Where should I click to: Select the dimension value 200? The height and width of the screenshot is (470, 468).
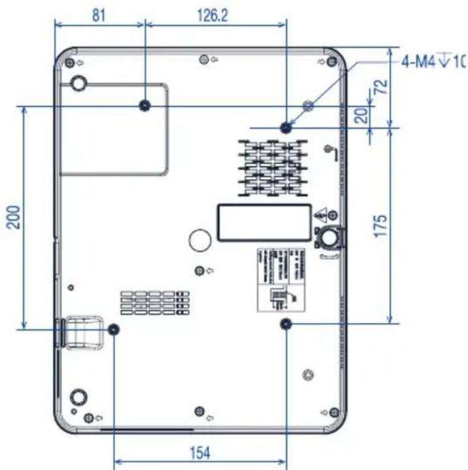pyautogui.click(x=15, y=216)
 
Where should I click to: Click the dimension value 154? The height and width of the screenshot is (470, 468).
pyautogui.click(x=200, y=453)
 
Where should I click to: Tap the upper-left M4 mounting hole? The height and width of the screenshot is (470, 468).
pyautogui.click(x=146, y=106)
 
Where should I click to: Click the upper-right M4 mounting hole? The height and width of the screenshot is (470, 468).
pyautogui.click(x=286, y=127)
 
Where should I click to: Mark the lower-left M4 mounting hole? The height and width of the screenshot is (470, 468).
pyautogui.click(x=114, y=329)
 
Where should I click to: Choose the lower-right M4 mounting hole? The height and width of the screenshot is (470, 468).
pyautogui.click(x=286, y=324)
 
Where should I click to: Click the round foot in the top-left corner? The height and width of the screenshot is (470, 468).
pyautogui.click(x=78, y=84)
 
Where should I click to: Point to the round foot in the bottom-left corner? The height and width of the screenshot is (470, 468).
pyautogui.click(x=78, y=396)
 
